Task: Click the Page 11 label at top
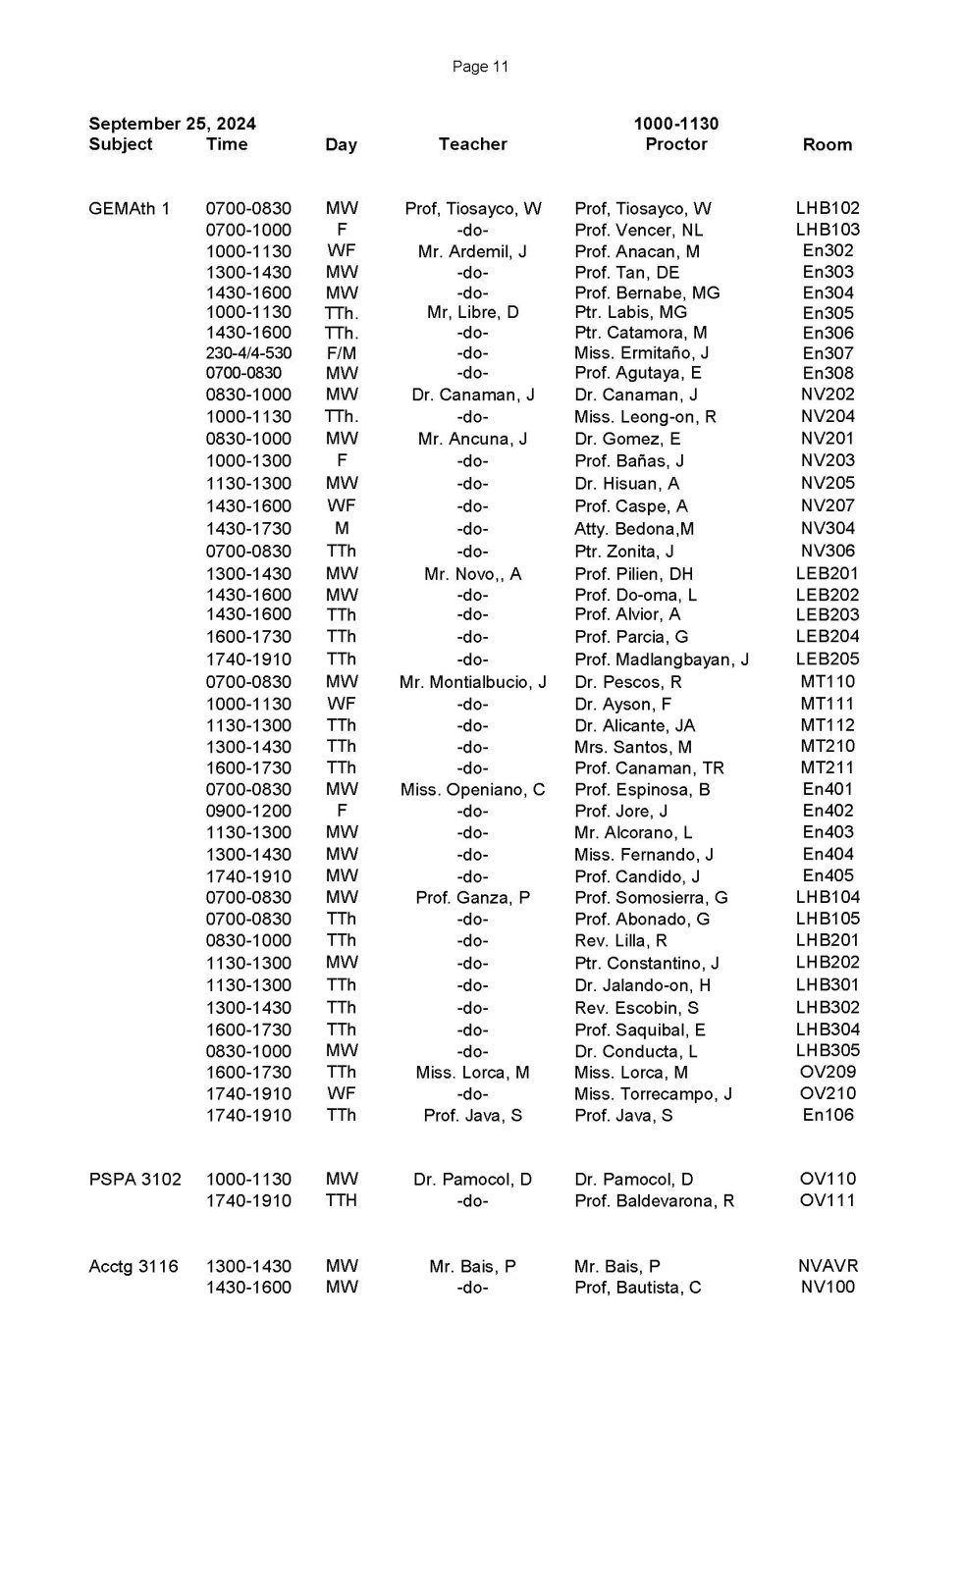480,67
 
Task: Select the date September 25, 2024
172,124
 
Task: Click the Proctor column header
675,144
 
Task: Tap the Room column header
827,144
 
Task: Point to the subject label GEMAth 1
129,208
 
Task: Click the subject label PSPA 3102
134,1179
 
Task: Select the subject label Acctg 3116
134,1266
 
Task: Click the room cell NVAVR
828,1266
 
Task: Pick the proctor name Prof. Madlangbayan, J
661,660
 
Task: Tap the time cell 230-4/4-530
248,353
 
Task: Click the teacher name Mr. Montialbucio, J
472,682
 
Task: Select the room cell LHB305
828,1050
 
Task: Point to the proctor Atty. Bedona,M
633,529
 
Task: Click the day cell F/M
341,353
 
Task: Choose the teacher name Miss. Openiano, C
472,790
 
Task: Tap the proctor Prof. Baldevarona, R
654,1201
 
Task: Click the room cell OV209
828,1072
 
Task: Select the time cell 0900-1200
248,811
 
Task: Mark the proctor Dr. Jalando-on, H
642,985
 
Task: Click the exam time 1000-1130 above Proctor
675,124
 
